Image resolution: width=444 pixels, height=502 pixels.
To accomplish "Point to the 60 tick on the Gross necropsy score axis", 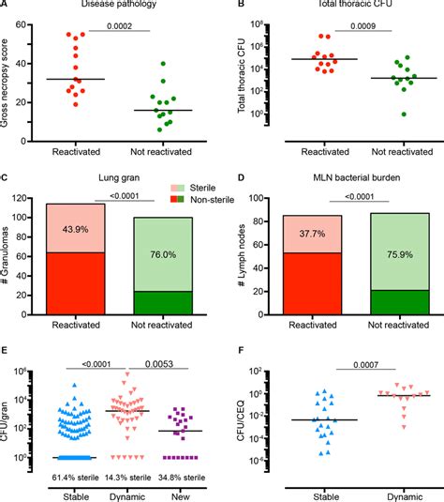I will coord(30,30).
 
